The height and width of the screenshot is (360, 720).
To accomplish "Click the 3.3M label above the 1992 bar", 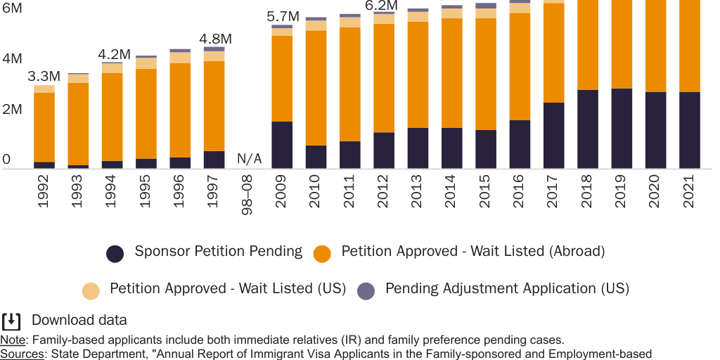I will [44, 76].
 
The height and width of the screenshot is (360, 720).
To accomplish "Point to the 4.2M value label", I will [114, 54].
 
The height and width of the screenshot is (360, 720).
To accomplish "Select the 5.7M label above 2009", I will [284, 16].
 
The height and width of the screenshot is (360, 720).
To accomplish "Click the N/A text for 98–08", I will [249, 159].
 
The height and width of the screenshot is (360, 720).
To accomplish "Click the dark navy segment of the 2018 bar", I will [587, 129].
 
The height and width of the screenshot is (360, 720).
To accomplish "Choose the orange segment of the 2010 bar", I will [316, 88].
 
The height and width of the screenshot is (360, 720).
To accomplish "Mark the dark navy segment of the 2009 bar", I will [282, 145].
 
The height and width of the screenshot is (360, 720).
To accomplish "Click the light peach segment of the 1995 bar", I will [146, 63].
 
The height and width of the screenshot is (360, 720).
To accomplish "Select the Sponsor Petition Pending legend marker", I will [115, 253].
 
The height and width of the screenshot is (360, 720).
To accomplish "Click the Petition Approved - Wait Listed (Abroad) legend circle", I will [322, 253].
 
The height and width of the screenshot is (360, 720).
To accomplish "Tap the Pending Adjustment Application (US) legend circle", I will [366, 290].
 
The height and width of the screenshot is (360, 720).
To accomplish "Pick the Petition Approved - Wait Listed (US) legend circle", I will [91, 290].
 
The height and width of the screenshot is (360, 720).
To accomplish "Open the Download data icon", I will [11, 321].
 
